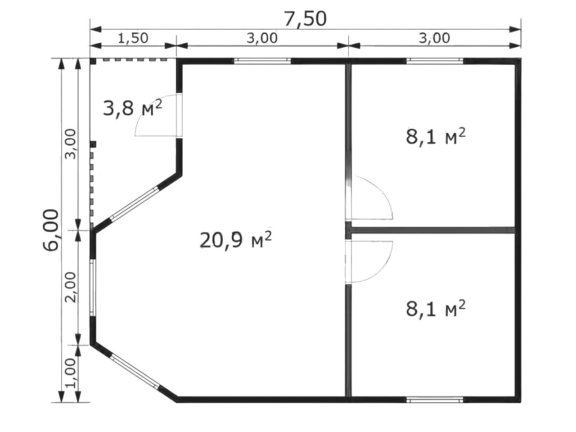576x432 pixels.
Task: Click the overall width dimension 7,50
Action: (306, 19)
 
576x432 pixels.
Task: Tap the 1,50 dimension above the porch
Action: (133, 38)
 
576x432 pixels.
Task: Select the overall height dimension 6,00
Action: (50, 230)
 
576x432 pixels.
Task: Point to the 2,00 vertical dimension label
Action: (70, 287)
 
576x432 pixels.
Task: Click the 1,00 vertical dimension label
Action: (70, 373)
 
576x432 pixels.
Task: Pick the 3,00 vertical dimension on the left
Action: (70, 144)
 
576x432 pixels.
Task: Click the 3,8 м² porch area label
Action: (132, 108)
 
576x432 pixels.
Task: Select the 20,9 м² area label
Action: (235, 240)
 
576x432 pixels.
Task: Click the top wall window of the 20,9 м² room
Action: (262, 61)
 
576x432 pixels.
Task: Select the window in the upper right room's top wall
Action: (435, 61)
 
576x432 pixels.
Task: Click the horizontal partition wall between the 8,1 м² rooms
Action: (433, 230)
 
